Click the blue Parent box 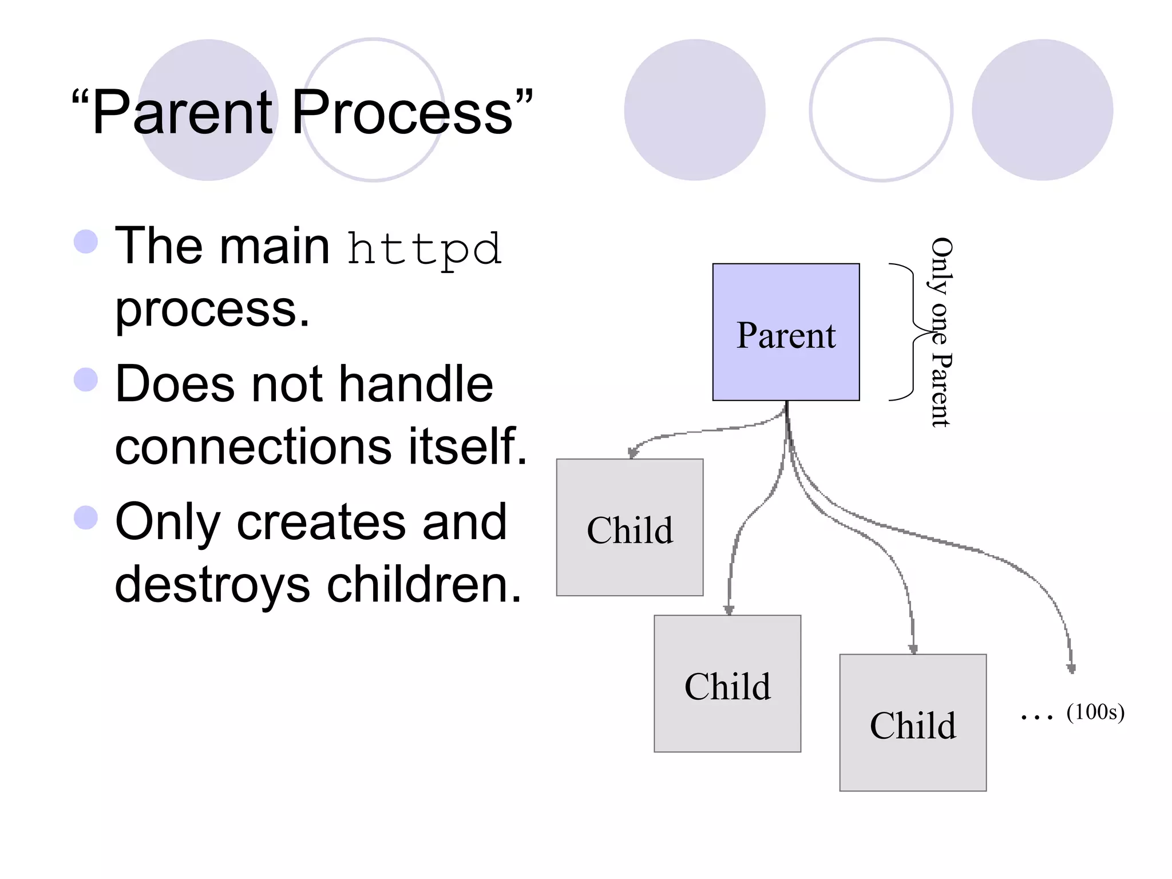click(x=786, y=332)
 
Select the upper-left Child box click(x=629, y=528)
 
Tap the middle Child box click(x=727, y=684)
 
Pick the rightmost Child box click(x=913, y=723)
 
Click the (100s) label click(x=1095, y=712)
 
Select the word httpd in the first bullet click(x=425, y=250)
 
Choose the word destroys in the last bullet click(x=212, y=585)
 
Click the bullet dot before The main click(x=86, y=241)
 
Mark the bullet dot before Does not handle click(x=86, y=379)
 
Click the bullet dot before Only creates click(x=86, y=518)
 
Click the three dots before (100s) click(x=1036, y=716)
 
